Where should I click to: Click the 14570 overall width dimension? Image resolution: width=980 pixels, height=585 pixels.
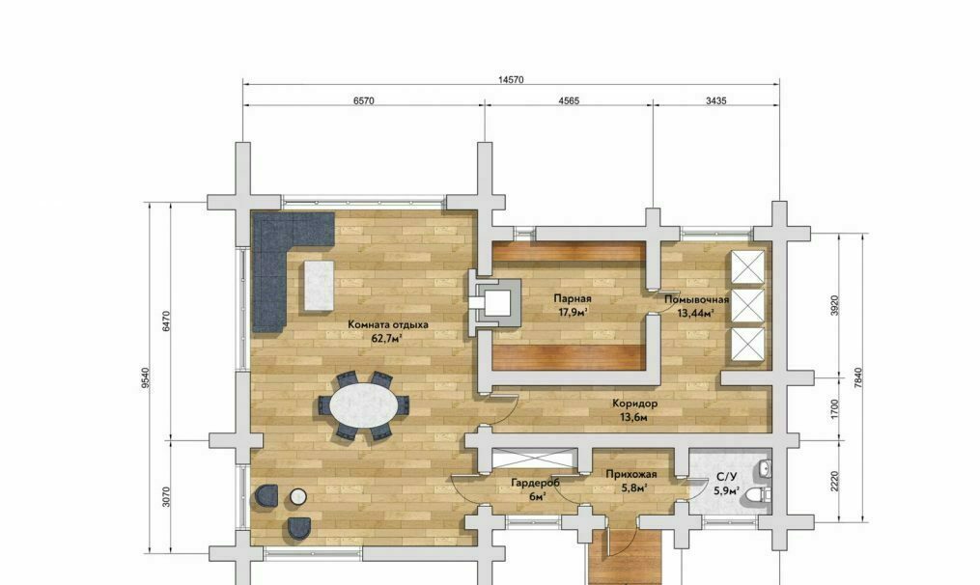pos(511,79)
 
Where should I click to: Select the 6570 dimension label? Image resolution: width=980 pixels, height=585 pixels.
pos(364,100)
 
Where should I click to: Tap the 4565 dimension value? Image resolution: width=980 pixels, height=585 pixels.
pos(568,100)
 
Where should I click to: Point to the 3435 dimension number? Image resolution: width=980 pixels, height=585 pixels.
pos(716,100)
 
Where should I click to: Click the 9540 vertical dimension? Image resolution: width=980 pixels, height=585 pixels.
pos(146,378)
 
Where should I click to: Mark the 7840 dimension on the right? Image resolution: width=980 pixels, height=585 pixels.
pos(857,378)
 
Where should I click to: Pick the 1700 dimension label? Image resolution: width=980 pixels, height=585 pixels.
pos(835,409)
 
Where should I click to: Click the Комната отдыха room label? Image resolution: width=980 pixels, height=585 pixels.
pos(388,324)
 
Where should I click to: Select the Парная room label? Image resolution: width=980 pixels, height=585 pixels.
pos(573,298)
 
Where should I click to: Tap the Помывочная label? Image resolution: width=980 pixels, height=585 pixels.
pos(696,299)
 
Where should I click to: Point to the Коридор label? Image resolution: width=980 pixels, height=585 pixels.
pos(634,404)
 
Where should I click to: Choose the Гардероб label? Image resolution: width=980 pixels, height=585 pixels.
pos(536,483)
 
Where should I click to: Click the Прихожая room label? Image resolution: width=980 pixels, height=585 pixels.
pos(631,474)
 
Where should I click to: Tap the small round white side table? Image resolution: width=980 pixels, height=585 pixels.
pos(298,497)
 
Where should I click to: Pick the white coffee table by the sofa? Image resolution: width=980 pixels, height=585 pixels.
pos(319,285)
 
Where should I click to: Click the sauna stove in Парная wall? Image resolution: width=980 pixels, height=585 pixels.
pos(495,303)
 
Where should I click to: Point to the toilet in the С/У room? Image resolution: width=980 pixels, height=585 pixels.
pos(761,495)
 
